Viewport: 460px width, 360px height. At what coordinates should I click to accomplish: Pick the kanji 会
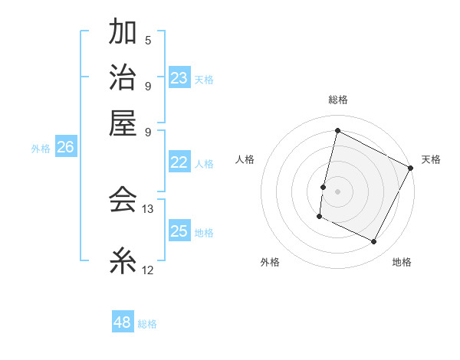pyautogui.click(x=123, y=199)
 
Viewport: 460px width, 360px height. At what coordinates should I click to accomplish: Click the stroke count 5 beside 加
pyautogui.click(x=148, y=41)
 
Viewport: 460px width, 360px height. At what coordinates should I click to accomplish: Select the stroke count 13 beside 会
pyautogui.click(x=149, y=208)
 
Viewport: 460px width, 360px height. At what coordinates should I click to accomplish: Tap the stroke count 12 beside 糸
pyautogui.click(x=149, y=270)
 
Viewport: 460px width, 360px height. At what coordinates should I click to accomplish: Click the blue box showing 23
pyautogui.click(x=179, y=78)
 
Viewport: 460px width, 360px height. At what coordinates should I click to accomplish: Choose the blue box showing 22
pyautogui.click(x=179, y=162)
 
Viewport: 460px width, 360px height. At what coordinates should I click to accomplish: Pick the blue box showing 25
pyautogui.click(x=179, y=231)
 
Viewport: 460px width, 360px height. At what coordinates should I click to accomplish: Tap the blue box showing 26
pyautogui.click(x=65, y=147)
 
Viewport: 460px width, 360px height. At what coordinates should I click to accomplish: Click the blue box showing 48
pyautogui.click(x=123, y=322)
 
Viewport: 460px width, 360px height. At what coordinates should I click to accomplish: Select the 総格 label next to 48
pyautogui.click(x=147, y=324)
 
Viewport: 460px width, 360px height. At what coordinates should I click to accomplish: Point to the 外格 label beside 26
pyautogui.click(x=41, y=149)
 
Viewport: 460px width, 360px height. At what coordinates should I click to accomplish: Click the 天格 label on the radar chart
pyautogui.click(x=431, y=159)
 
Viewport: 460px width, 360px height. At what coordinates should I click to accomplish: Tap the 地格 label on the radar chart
pyautogui.click(x=402, y=262)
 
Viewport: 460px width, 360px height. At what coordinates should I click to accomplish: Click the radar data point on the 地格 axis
pyautogui.click(x=373, y=242)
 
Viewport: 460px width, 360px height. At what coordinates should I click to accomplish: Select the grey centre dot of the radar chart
pyautogui.click(x=337, y=190)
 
